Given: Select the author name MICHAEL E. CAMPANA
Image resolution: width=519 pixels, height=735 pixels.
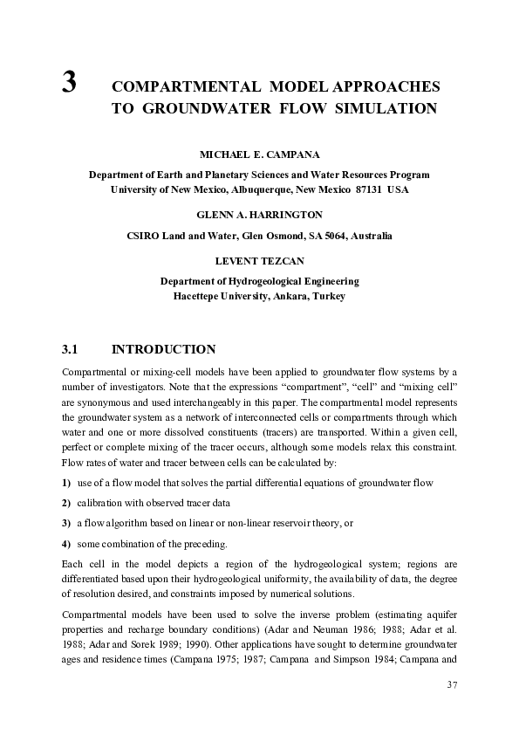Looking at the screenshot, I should coord(259,154).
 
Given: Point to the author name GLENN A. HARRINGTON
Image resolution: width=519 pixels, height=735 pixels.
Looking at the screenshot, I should coord(259,214).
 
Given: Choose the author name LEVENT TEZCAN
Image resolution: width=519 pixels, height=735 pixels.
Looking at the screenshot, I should coord(259,260).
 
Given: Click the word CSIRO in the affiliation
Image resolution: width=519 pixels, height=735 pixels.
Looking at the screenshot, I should coord(144,236).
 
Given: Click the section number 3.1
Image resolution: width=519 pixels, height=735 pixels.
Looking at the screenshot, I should coord(71,350).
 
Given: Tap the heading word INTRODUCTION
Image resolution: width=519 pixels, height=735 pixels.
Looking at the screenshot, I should coord(164,350).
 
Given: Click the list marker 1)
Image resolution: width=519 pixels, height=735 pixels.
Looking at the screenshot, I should coord(66,483).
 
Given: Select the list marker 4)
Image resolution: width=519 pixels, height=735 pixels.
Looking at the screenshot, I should coord(66,544).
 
